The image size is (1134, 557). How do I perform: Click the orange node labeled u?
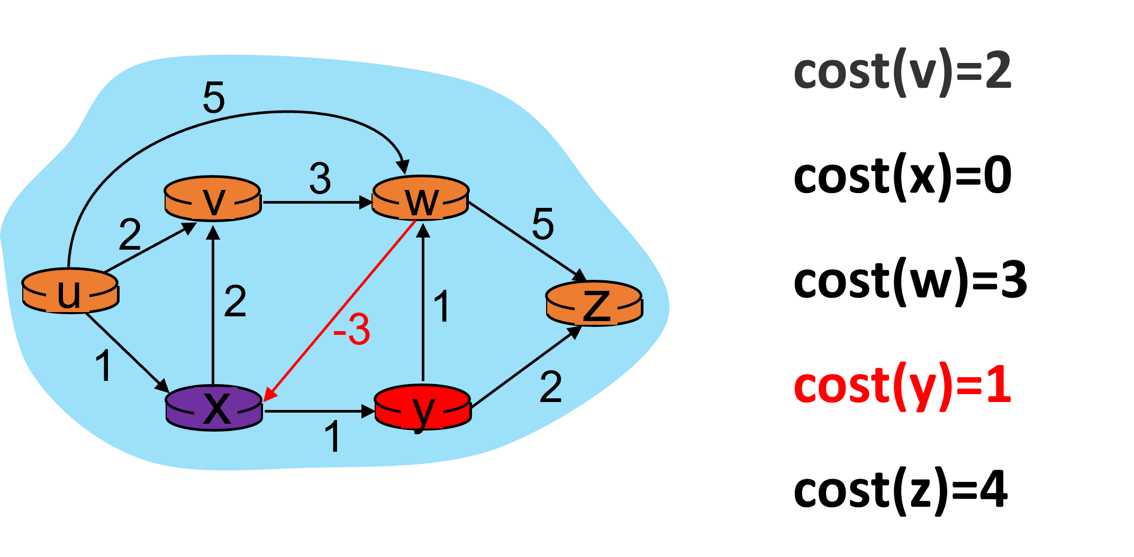coord(70,291)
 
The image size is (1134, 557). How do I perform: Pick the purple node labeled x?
coord(214,408)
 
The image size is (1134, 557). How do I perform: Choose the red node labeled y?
coord(422,408)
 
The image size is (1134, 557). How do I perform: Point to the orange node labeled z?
coord(594,303)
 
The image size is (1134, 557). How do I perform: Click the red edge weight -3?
coord(352,330)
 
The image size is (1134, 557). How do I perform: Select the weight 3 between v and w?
coord(320,179)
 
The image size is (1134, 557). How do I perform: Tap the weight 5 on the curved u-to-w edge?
coord(214,98)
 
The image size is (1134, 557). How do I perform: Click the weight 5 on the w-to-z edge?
coord(543,224)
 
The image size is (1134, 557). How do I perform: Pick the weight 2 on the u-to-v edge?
coord(130,234)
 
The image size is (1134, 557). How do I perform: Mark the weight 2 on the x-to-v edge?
coord(235,302)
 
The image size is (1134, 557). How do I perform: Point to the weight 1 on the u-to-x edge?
coord(104,366)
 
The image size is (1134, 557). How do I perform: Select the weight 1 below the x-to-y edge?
coord(332,437)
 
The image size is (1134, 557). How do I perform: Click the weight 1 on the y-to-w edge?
coord(442,306)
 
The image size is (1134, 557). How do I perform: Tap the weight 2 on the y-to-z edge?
coord(551,387)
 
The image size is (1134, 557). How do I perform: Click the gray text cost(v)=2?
coord(902,72)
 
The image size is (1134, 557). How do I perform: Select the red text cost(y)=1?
coord(902,386)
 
